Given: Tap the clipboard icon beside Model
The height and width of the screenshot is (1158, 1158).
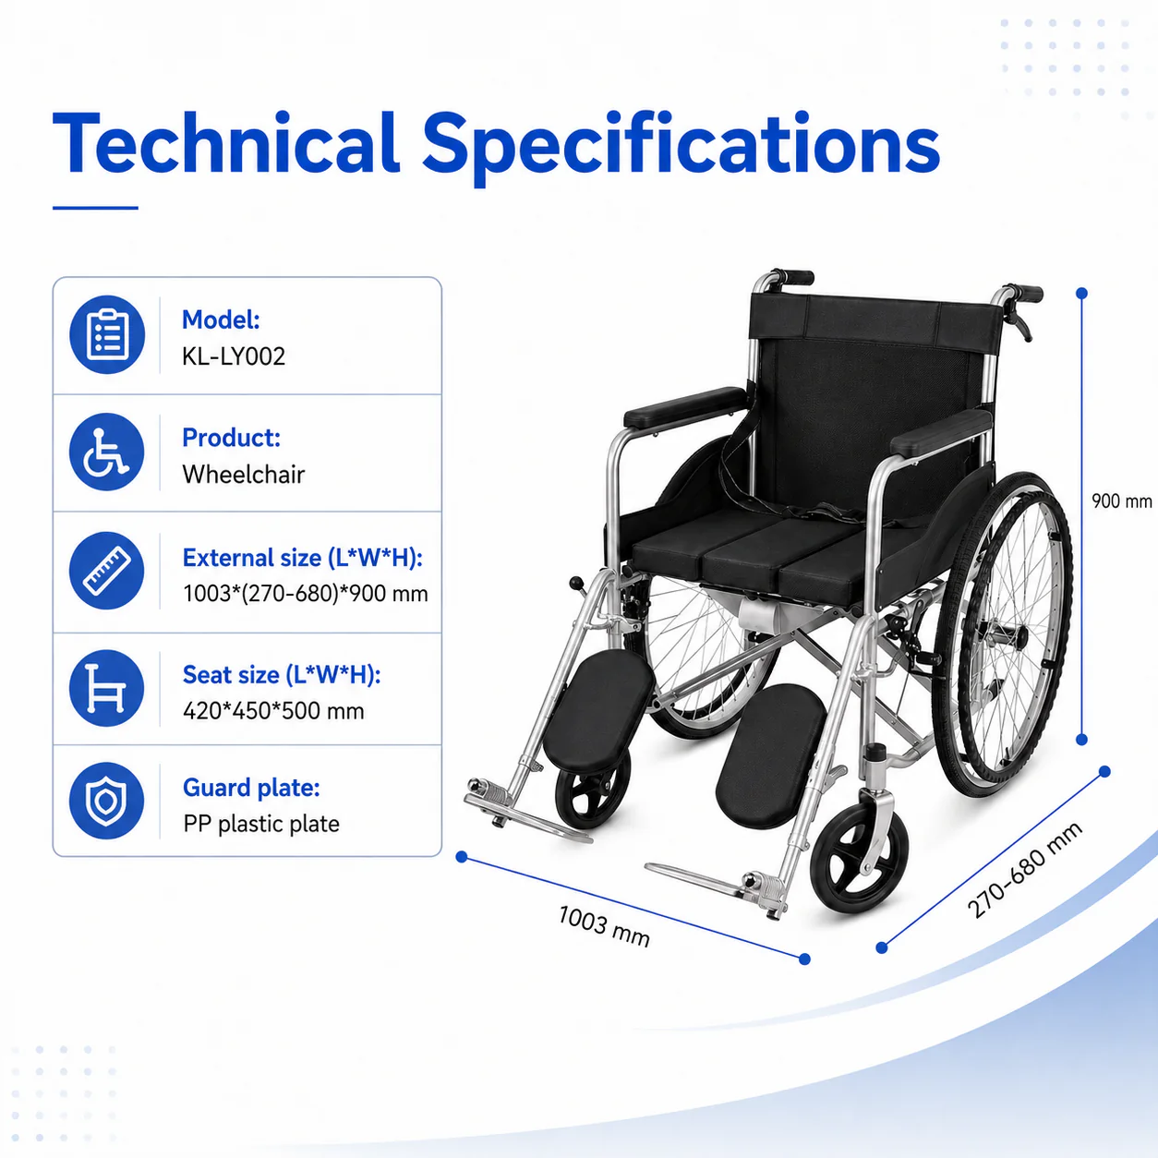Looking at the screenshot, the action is click(x=107, y=334).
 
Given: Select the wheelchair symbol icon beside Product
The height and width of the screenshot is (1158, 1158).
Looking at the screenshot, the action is click(x=107, y=452).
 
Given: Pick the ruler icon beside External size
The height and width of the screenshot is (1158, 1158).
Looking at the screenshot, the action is click(x=107, y=571).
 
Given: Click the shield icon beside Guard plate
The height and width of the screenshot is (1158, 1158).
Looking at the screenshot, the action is click(x=107, y=801).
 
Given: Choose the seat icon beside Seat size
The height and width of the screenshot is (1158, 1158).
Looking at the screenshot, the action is click(x=107, y=688).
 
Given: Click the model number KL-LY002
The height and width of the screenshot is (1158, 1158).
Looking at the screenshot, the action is click(x=233, y=356).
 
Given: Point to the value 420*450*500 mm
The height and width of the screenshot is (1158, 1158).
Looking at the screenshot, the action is click(x=273, y=711).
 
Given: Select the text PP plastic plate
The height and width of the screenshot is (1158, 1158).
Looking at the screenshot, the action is click(x=261, y=824).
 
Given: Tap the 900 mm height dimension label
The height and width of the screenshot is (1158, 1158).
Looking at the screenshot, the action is click(x=1121, y=501).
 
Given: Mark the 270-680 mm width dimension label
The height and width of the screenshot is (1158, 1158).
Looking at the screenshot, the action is click(x=1025, y=870).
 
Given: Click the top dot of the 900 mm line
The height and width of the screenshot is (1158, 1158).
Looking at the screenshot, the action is click(x=1081, y=294).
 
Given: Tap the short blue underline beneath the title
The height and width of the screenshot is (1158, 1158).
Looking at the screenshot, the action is click(x=95, y=208).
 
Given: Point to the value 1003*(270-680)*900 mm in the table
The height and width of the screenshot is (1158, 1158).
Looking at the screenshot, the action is click(x=306, y=594).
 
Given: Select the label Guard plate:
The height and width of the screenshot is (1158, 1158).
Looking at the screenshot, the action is click(x=251, y=787).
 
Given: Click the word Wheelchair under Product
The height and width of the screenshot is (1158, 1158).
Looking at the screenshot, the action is click(x=244, y=475).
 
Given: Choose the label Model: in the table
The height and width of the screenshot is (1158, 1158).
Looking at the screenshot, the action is click(x=221, y=320).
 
